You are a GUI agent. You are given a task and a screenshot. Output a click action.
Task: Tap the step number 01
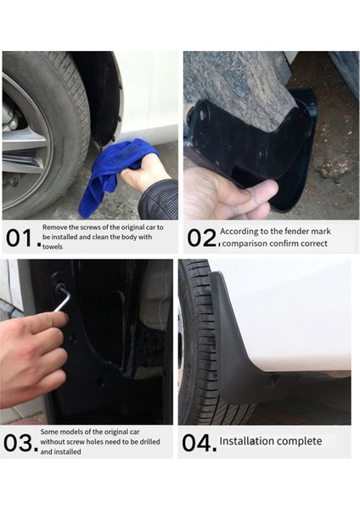click(22, 238)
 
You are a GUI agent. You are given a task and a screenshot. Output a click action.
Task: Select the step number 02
click(201, 238)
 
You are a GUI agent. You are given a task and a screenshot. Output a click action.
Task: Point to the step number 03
click(20, 443)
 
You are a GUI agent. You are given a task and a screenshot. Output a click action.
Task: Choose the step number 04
click(200, 443)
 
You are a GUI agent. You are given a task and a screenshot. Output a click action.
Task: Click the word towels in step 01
click(53, 247)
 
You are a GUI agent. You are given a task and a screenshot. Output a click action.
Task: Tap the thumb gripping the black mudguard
click(260, 191)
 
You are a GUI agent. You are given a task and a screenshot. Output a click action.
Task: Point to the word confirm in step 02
click(283, 243)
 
